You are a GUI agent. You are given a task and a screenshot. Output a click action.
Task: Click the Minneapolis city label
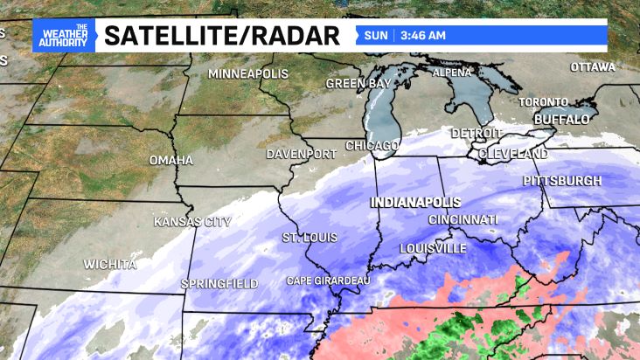[x=247, y=74]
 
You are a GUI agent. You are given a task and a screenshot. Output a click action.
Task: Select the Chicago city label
[x=372, y=145]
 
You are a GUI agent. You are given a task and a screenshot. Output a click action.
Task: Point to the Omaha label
[x=170, y=161]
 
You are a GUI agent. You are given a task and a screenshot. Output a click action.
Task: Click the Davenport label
[x=302, y=154]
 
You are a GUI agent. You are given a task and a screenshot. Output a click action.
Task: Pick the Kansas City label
[x=192, y=222]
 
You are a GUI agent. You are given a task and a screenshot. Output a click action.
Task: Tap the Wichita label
[x=110, y=264]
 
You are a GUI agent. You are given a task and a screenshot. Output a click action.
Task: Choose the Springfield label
[x=219, y=284]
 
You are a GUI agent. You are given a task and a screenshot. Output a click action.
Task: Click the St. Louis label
[x=310, y=238]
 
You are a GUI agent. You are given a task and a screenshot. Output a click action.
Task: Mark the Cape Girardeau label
[x=329, y=280]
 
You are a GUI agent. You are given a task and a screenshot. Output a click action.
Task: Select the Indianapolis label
[x=415, y=202]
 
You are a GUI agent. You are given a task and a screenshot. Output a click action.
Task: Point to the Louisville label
[x=433, y=248]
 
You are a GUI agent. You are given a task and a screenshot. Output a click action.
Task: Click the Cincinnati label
[x=463, y=219]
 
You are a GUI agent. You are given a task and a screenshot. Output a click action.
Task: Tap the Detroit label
[x=477, y=134]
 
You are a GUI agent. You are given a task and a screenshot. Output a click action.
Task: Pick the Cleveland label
[x=512, y=154]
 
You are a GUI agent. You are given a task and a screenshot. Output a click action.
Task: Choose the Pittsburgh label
[x=562, y=181]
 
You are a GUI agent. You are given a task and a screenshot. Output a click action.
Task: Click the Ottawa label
[x=593, y=67]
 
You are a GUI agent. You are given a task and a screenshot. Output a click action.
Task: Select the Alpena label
[x=452, y=73]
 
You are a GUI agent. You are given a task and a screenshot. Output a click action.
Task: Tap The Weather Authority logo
[x=63, y=36]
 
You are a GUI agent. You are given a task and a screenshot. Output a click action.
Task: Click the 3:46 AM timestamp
[x=424, y=36]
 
